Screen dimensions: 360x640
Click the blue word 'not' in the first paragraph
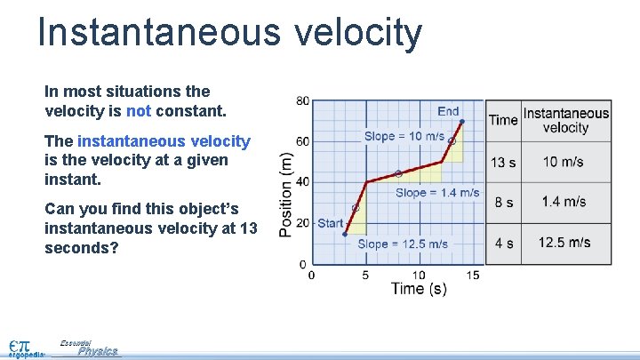click(x=139, y=112)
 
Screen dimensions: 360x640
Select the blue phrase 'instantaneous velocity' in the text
click(x=164, y=141)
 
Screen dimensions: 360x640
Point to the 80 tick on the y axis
click(x=302, y=101)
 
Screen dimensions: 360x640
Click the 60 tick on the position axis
click(x=302, y=142)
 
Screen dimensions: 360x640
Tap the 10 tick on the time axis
click(x=419, y=275)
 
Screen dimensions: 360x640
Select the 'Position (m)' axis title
click(x=286, y=195)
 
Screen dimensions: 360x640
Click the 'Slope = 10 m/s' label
click(x=404, y=136)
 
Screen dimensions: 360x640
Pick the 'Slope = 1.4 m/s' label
click(x=437, y=192)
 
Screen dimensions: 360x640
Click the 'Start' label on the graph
click(x=330, y=222)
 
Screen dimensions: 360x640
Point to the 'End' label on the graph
click(x=448, y=111)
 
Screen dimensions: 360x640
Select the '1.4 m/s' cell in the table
click(x=564, y=202)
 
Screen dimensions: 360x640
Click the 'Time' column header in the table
click(x=503, y=120)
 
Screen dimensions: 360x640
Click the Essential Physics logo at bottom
click(x=89, y=348)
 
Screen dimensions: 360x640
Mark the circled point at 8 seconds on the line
click(x=397, y=173)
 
